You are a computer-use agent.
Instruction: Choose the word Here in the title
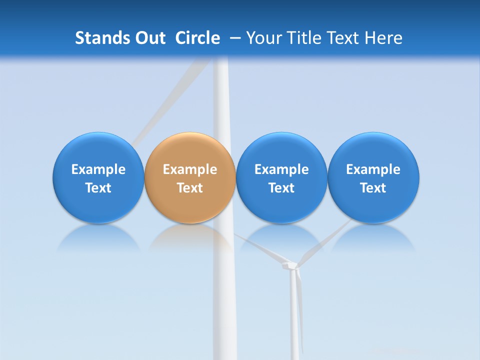click(383, 38)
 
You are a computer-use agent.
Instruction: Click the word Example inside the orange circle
click(190, 169)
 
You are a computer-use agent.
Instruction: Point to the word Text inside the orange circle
click(190, 188)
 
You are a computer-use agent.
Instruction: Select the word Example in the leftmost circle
click(98, 169)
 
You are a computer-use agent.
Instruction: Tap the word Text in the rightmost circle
click(373, 188)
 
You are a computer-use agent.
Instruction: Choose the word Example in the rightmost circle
click(373, 169)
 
